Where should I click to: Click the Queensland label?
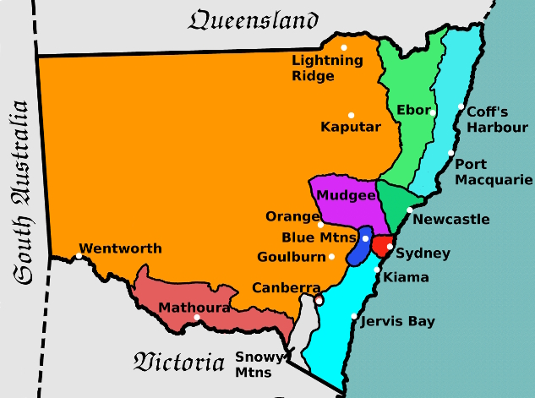pos(253,20)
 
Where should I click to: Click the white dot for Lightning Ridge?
pos(344,46)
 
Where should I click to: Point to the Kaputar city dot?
pos(351,115)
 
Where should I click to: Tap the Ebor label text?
pos(412,111)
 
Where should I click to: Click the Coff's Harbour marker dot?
pos(461,107)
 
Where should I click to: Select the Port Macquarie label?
pos(494,172)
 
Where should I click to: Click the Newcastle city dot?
pos(410,210)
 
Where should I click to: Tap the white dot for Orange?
pos(320,225)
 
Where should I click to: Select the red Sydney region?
pos(383,246)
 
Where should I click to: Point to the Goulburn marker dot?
pos(332,257)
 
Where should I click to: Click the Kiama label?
pos(406,277)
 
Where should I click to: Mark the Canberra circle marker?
pos(319,299)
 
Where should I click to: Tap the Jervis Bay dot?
pos(353,317)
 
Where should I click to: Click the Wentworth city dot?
pos(79,255)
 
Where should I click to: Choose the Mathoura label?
pos(194,308)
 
